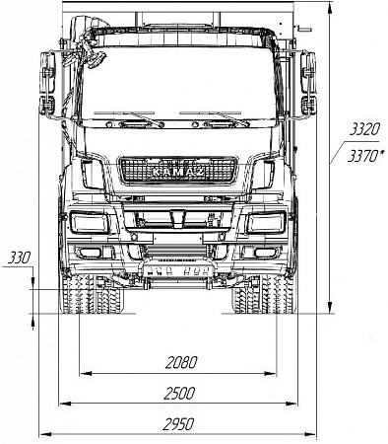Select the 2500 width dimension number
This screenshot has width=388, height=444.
pos(178,393)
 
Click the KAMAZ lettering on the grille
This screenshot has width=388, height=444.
pos(178,174)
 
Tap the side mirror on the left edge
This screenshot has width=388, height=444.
pos(46,84)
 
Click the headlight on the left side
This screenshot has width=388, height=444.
pos(93,223)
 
